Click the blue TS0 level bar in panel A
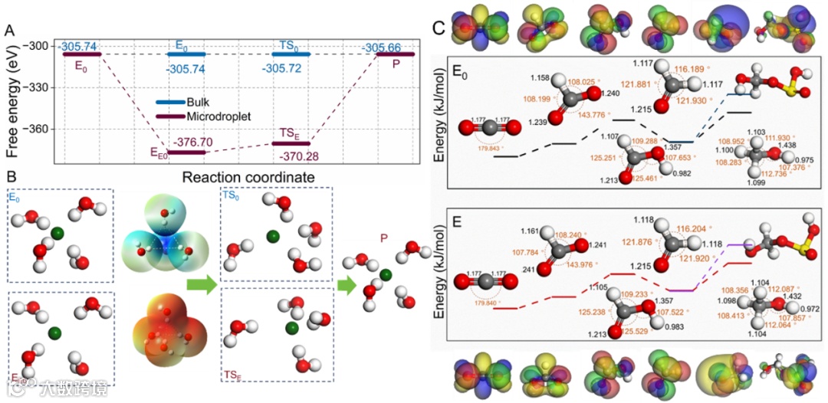pyautogui.click(x=291, y=54)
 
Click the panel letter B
pyautogui.click(x=10, y=178)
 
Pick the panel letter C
pyautogui.click(x=438, y=28)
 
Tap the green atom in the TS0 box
pyautogui.click(x=271, y=237)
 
